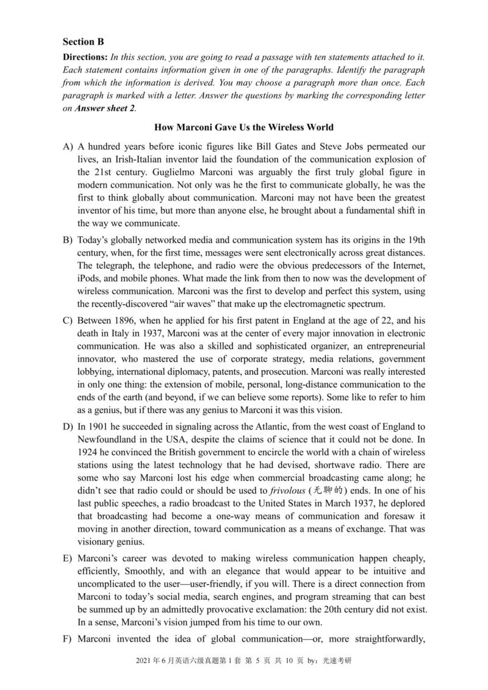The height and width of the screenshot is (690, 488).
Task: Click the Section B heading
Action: click(x=84, y=41)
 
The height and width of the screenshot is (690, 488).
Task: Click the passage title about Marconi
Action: click(x=244, y=127)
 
